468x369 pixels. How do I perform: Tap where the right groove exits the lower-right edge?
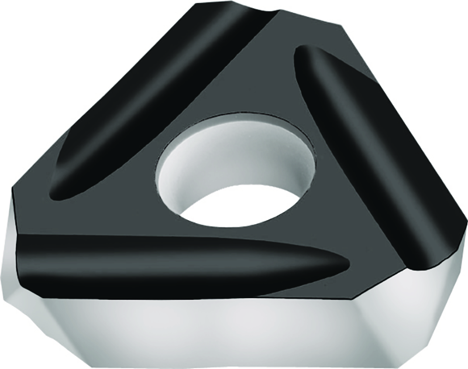(x=427, y=258)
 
